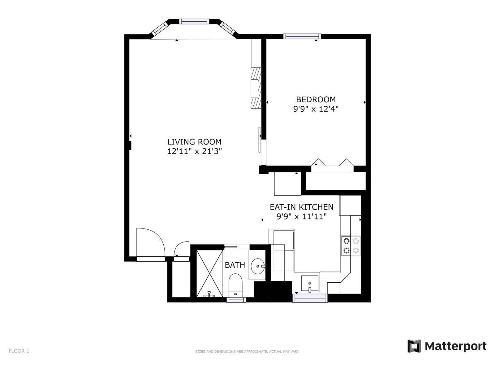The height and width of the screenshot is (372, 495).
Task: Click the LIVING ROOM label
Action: pyautogui.click(x=194, y=142)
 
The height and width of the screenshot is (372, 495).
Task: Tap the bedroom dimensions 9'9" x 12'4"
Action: pyautogui.click(x=316, y=109)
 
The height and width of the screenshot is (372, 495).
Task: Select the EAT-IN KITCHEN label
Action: pyautogui.click(x=302, y=207)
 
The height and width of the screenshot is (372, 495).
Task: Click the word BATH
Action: pyautogui.click(x=235, y=265)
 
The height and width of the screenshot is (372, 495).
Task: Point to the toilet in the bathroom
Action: pyautogui.click(x=235, y=285)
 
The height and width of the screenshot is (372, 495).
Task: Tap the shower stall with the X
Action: pyautogui.click(x=209, y=273)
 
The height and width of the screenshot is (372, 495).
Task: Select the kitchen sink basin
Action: pyautogui.click(x=310, y=283)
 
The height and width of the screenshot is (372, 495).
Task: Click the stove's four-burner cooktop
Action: pyautogui.click(x=351, y=246)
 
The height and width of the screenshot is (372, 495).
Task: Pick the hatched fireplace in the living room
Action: pyautogui.click(x=256, y=88)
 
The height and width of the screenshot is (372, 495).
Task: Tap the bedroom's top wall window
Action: pyautogui.click(x=302, y=36)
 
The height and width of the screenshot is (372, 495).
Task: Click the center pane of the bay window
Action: pyautogui.click(x=194, y=21)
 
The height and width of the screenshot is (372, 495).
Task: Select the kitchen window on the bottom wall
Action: pyautogui.click(x=310, y=298)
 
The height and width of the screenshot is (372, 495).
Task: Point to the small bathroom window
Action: pyautogui.click(x=236, y=300)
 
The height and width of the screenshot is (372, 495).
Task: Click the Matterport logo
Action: pyautogui.click(x=447, y=346)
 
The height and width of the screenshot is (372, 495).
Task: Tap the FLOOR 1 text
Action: pyautogui.click(x=19, y=351)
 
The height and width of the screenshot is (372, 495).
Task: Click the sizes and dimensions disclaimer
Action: pyautogui.click(x=247, y=352)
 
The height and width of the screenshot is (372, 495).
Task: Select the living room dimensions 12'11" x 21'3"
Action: pyautogui.click(x=194, y=151)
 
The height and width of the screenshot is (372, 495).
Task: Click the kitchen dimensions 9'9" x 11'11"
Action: pyautogui.click(x=302, y=217)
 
